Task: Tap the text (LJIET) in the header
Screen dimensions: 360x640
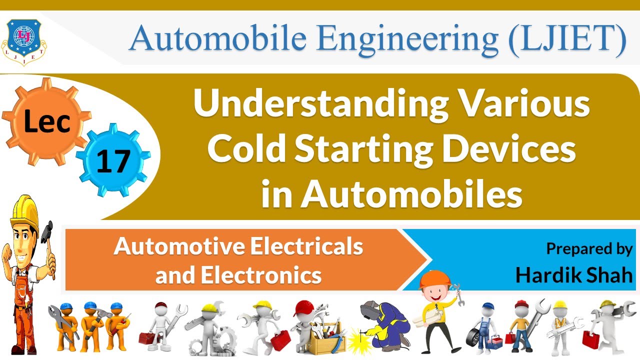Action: [x=567, y=39]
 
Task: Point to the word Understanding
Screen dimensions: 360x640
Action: [x=320, y=104]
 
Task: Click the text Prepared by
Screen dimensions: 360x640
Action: [x=589, y=248]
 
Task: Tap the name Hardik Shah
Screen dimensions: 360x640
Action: [x=573, y=274]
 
